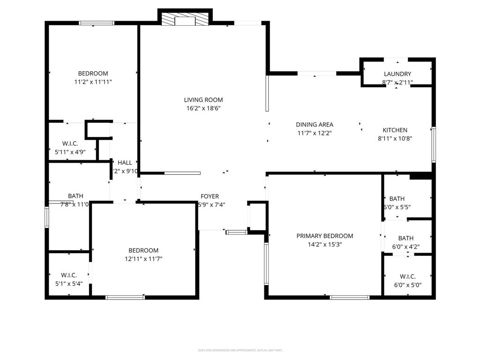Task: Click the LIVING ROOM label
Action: click(203, 100)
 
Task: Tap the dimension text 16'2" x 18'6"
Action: click(203, 108)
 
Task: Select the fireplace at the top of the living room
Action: click(185, 19)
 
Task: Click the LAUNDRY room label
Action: click(397, 74)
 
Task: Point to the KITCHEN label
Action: click(395, 130)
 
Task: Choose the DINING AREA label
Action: click(315, 125)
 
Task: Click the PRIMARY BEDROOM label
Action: click(324, 236)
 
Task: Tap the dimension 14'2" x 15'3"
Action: click(324, 244)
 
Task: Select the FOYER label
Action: click(210, 196)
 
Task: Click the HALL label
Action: click(125, 163)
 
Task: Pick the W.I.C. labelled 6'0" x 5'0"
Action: click(407, 277)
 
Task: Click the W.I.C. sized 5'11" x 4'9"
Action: click(70, 143)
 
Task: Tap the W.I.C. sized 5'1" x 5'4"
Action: click(68, 275)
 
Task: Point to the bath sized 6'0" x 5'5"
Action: click(397, 199)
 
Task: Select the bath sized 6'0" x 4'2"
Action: click(406, 238)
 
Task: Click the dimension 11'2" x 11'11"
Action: click(93, 82)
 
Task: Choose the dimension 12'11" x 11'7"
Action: click(143, 259)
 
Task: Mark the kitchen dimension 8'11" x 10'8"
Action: click(395, 138)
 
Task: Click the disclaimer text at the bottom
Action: click(240, 350)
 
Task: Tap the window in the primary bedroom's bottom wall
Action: click(350, 297)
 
